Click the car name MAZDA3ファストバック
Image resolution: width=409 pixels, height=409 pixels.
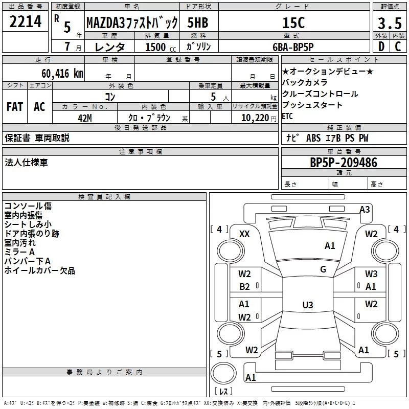pos(132,22)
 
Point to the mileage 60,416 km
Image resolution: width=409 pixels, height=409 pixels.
pos(57,74)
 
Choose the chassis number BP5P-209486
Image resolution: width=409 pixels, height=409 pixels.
pos(344,163)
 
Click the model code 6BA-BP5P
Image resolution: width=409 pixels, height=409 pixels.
pos(293,47)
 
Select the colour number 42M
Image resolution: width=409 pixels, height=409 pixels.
pos(85,118)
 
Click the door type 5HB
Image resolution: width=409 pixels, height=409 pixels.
pos(197,22)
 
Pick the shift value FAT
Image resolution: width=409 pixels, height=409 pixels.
pos(14,107)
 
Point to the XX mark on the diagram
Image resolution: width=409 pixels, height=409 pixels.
pos(244,234)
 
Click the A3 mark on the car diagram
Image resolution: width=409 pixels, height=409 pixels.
pos(365,209)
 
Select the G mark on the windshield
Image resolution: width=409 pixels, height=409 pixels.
pos(323,269)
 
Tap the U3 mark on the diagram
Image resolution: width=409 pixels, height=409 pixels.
pos(307,305)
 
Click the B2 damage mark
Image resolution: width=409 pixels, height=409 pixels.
pos(244,287)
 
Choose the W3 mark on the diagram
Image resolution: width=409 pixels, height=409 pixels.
pos(371,274)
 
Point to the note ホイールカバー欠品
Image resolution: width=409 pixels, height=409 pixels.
pos(39,270)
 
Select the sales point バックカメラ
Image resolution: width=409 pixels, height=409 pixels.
pos(305,82)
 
